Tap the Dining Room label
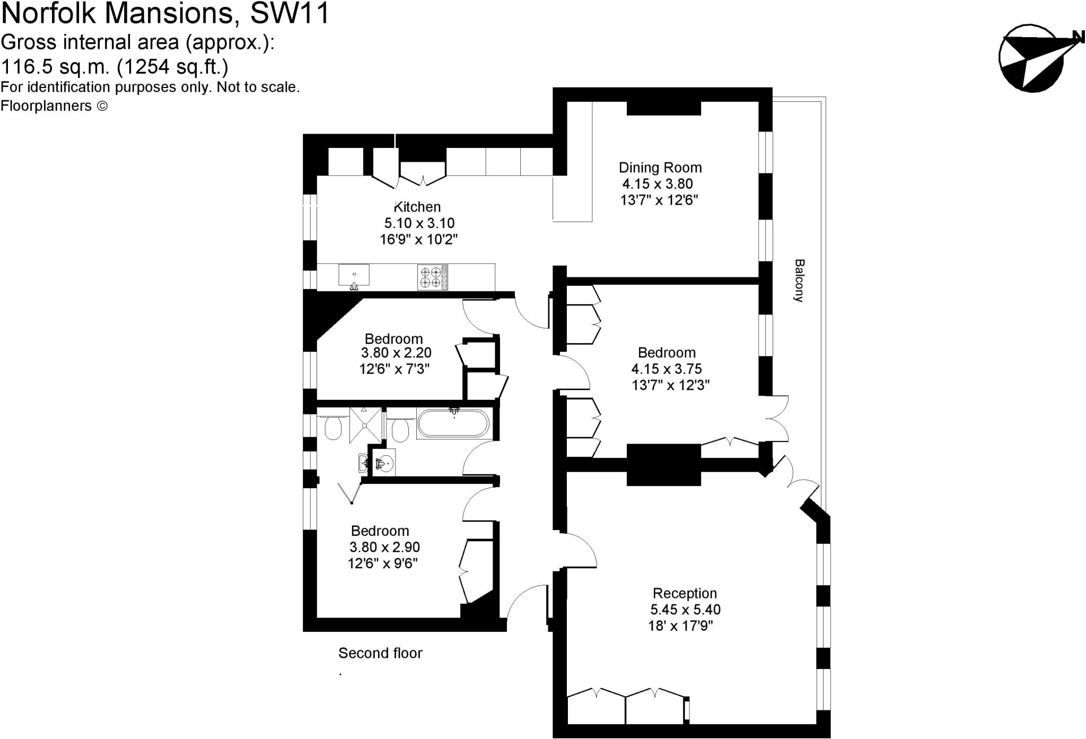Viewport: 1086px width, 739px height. tap(660, 168)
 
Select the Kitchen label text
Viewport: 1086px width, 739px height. tap(417, 207)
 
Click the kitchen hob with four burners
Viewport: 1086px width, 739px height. tap(433, 277)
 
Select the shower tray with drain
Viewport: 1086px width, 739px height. tap(365, 425)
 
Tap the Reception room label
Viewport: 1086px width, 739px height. tap(685, 593)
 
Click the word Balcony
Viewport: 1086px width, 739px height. tap(799, 280)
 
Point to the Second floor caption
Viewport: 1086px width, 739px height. tap(380, 653)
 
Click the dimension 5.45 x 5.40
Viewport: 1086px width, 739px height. tap(685, 610)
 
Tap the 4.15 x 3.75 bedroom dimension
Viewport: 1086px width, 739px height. tap(667, 369)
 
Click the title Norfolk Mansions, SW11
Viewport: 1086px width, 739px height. tap(165, 14)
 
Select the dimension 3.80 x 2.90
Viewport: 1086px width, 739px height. tap(384, 547)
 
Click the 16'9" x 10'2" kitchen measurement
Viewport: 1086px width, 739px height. tap(418, 240)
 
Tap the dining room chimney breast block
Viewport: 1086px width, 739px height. tap(664, 108)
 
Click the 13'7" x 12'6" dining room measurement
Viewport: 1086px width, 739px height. tap(659, 200)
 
